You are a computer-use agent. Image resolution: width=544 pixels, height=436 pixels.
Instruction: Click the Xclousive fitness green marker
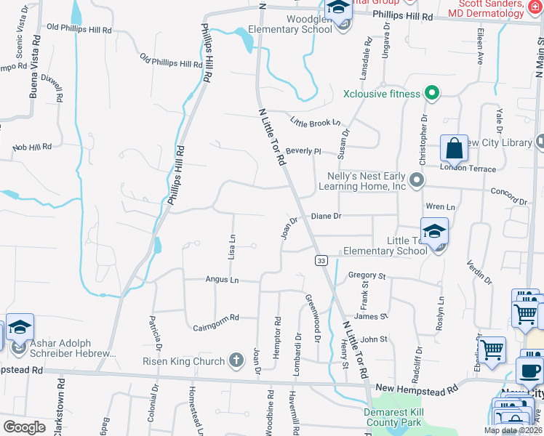431,93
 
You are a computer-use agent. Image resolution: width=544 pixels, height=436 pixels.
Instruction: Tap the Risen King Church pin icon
236,360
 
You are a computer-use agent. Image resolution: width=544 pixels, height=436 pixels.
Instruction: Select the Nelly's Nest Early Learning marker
416,179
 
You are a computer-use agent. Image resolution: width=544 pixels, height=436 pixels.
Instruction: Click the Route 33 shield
320,259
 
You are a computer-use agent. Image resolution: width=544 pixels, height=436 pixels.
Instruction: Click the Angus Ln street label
222,279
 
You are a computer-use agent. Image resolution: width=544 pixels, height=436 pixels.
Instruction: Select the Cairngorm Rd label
216,318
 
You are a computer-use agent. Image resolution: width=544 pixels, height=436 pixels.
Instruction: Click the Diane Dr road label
326,216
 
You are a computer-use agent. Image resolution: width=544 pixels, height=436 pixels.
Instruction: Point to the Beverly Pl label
303,151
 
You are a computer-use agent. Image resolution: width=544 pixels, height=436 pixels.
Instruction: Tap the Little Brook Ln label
315,122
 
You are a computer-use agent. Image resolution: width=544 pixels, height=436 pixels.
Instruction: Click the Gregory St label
366,275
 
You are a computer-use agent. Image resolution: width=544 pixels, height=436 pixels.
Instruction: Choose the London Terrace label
468,169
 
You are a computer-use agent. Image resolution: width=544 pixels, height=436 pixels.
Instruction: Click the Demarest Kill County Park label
393,417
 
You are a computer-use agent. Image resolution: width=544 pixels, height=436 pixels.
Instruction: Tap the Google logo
24,427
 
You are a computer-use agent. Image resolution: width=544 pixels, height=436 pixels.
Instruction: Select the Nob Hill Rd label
32,146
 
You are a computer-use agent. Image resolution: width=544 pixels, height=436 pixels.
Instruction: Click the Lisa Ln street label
232,247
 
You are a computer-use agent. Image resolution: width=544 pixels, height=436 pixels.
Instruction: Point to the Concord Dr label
508,196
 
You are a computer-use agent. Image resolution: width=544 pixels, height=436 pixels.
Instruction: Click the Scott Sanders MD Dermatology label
486,9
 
